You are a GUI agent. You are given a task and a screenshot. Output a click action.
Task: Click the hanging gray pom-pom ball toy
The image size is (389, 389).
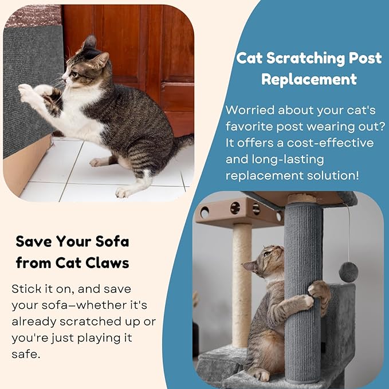[348, 272]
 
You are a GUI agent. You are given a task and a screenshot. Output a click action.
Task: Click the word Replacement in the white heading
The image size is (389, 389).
[309, 78]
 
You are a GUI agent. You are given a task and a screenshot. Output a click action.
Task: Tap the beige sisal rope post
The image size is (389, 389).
[242, 281]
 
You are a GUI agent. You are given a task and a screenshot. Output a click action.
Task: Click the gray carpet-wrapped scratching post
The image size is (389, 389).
[302, 286]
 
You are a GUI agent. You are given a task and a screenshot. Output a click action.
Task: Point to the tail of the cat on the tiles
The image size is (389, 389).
[183, 143]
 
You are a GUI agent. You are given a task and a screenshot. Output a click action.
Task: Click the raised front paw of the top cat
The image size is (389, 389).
[25, 90]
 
